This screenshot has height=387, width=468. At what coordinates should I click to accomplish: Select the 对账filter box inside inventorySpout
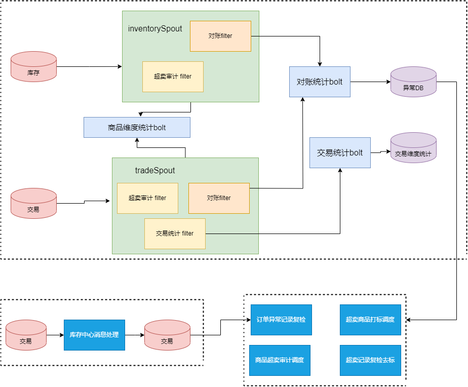pos(220,36)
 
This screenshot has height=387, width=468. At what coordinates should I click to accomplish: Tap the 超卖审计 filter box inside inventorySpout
pos(173,76)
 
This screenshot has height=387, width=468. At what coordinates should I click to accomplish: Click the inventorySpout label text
pos(155,29)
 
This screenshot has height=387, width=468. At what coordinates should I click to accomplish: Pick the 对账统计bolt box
pos(320,82)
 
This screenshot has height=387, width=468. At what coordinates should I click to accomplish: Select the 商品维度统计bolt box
pos(137,128)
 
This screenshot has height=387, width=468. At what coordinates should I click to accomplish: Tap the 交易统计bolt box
pos(340,152)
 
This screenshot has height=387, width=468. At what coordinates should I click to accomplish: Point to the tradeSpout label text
pos(155,171)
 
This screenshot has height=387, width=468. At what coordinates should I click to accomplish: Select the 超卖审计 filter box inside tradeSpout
pos(147,198)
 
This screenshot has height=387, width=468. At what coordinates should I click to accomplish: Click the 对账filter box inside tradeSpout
pos(219,198)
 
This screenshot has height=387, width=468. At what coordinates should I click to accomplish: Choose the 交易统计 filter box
pos(175,234)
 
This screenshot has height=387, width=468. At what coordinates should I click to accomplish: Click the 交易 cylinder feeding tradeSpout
pos(33,203)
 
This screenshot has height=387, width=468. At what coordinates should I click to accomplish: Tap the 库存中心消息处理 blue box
pos(94,335)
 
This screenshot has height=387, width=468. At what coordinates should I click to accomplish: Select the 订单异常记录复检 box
pos(281,320)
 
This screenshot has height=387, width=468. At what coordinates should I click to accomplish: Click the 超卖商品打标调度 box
pos(370,320)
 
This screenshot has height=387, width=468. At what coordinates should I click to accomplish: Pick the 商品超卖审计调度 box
pos(280,360)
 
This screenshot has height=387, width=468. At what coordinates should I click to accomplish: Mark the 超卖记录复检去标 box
pos(370,360)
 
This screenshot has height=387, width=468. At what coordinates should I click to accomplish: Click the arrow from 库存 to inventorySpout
pos(89,66)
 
